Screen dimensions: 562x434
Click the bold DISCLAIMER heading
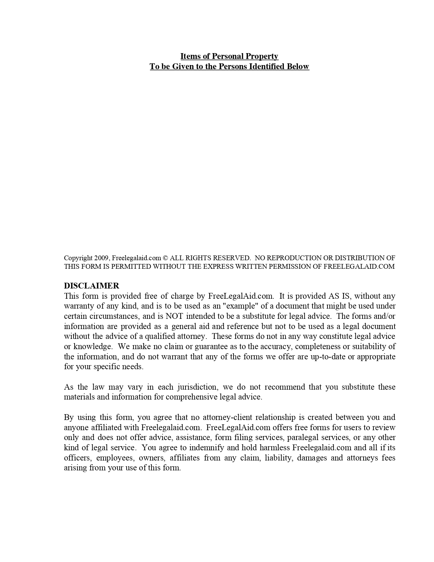coord(92,286)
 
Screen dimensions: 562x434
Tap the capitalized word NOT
coord(174,316)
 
